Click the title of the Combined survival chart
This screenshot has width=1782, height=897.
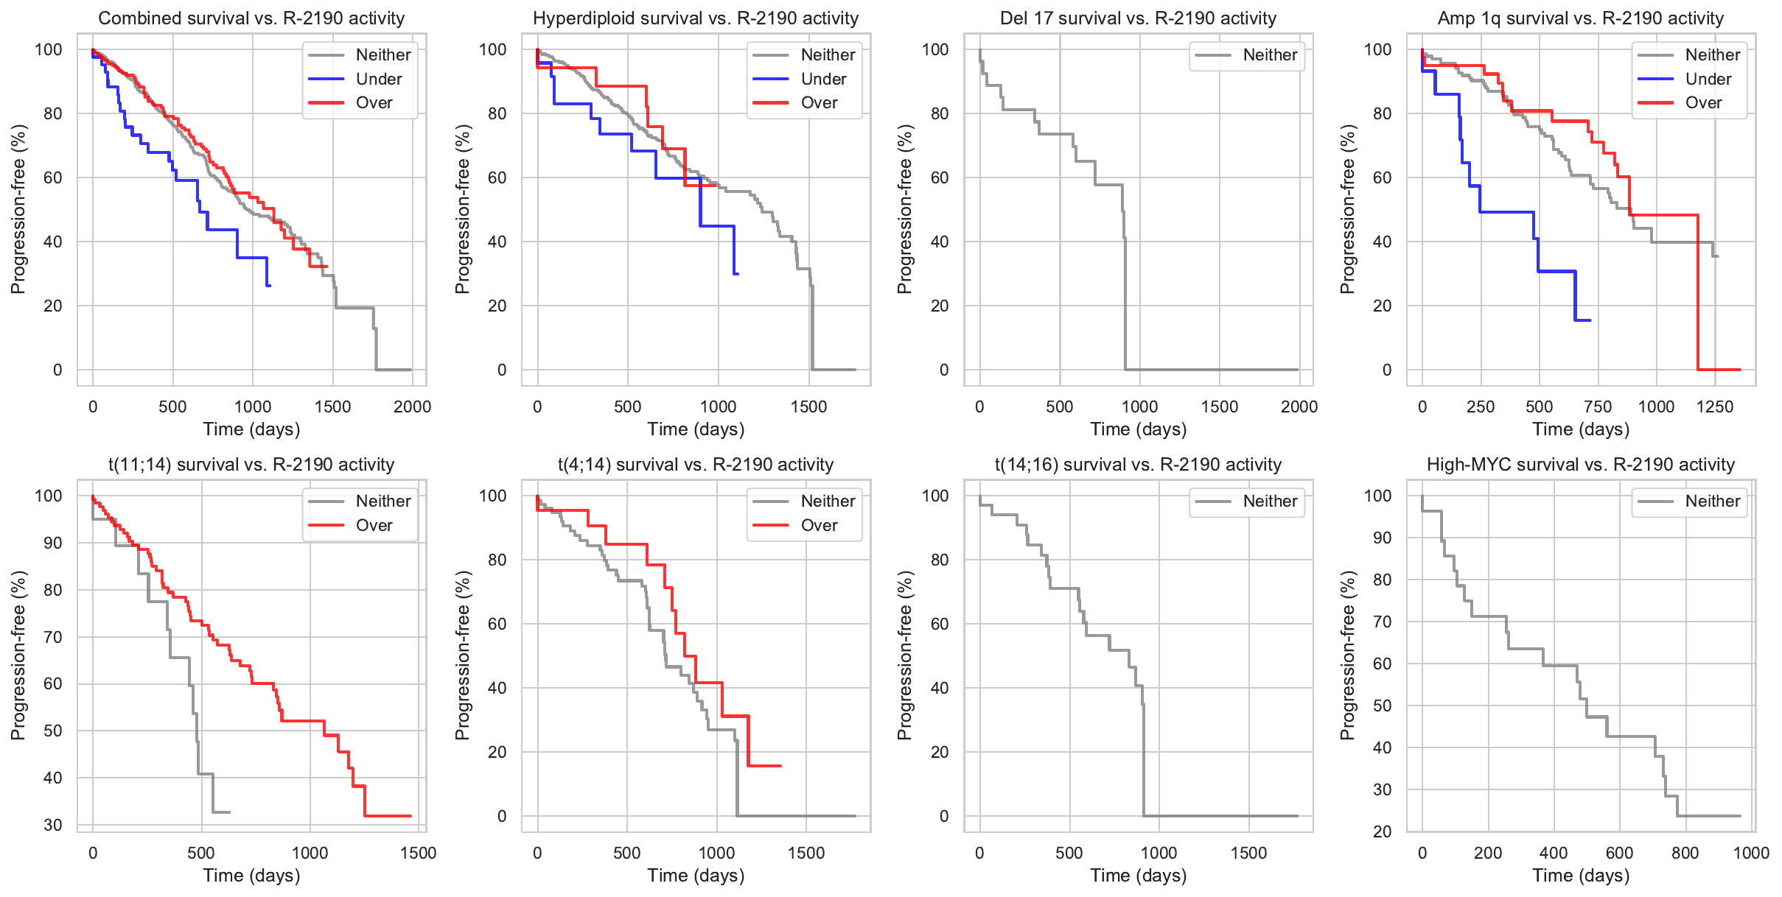coord(251,18)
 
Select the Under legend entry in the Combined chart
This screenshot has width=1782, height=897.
coord(378,79)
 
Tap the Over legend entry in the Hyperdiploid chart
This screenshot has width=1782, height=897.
coord(819,103)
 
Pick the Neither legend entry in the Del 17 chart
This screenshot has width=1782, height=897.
coord(1270,55)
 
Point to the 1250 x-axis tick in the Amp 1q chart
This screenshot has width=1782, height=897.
coord(1715,407)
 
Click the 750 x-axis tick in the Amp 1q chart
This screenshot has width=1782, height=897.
coord(1598,407)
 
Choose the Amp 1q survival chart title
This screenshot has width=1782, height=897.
coord(1581,18)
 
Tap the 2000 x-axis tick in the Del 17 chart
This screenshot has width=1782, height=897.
coord(1299,407)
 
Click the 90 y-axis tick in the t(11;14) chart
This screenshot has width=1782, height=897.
coord(53,543)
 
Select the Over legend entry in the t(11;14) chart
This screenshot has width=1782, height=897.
coord(374,525)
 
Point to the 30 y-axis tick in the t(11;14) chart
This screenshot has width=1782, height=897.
coord(53,825)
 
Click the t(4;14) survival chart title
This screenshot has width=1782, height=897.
coord(696,465)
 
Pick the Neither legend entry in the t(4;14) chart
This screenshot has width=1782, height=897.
coord(828,502)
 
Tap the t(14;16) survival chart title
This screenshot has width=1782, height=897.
coord(1138,465)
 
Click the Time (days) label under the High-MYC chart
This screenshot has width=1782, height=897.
coord(1581,876)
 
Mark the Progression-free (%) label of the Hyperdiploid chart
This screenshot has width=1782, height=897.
coord(462,209)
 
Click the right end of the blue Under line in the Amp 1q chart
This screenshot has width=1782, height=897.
coord(1590,320)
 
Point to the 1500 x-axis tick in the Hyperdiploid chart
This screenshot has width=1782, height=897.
coord(808,407)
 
